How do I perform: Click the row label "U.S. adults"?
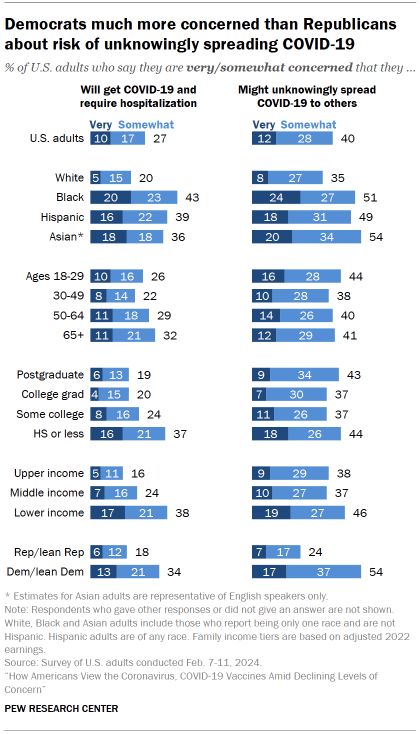[58, 139]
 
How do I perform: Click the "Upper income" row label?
[54, 473]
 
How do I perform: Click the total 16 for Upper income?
[141, 473]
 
